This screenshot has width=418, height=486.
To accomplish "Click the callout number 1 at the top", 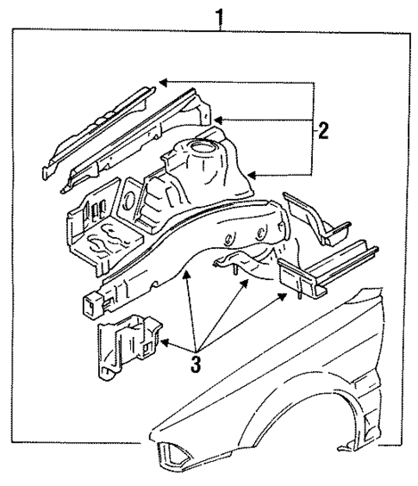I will pyautogui.click(x=222, y=15).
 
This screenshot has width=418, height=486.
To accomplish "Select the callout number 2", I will pyautogui.click(x=323, y=131).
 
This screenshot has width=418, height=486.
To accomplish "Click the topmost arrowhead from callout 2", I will pyautogui.click(x=162, y=83).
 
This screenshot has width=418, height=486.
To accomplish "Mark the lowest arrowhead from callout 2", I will pyautogui.click(x=252, y=176).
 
